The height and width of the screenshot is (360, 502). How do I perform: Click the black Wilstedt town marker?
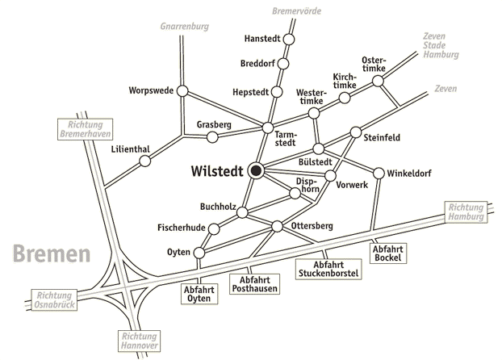(x=256, y=171)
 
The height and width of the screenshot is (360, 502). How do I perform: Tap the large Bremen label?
(x=52, y=256)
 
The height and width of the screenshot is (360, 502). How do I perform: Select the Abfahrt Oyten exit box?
(x=199, y=295)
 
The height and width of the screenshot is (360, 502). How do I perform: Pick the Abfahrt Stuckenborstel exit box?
(x=328, y=269)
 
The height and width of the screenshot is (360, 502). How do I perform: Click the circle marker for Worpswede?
(x=182, y=90)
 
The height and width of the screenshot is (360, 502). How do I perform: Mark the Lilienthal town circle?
(x=145, y=161)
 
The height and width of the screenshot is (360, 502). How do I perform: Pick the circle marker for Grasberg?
(x=213, y=137)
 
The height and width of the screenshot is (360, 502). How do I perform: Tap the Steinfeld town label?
(x=383, y=138)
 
